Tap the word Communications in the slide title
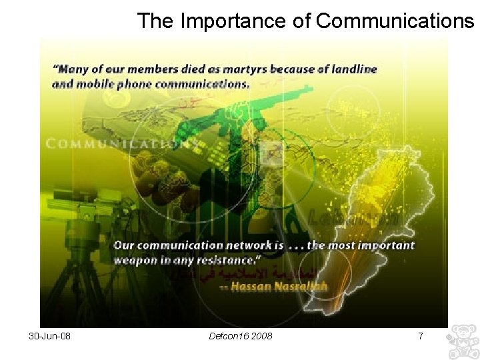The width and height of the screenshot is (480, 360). pos(395,21)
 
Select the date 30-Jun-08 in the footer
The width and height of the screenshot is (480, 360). pos(50,336)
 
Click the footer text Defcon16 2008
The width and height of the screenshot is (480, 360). pos(241,336)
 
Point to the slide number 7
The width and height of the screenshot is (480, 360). pos(420,336)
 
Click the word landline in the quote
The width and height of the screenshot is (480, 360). pos(353,69)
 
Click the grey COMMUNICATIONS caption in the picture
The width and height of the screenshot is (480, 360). pos(120,143)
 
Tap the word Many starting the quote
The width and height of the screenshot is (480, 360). pos(72,69)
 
